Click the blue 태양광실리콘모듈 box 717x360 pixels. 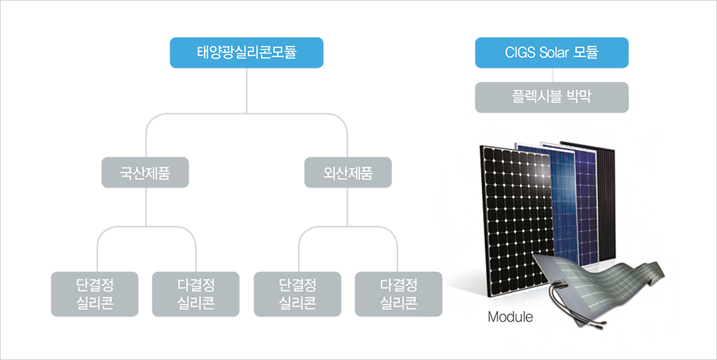click(x=247, y=52)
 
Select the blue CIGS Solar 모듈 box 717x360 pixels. click(x=552, y=52)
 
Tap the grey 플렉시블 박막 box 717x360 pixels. click(x=552, y=98)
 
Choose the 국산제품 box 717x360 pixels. click(x=145, y=172)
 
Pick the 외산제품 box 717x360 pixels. click(x=348, y=172)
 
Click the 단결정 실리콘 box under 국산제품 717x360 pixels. click(x=94, y=294)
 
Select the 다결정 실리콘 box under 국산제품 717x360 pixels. click(x=196, y=294)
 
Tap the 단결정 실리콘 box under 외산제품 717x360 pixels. click(x=297, y=294)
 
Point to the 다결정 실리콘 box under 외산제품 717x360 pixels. click(x=399, y=294)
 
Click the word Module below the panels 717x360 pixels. click(x=510, y=317)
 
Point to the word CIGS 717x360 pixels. click(x=520, y=52)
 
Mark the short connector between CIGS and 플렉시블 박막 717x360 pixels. click(x=552, y=75)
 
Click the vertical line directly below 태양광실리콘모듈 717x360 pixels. click(x=247, y=88)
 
